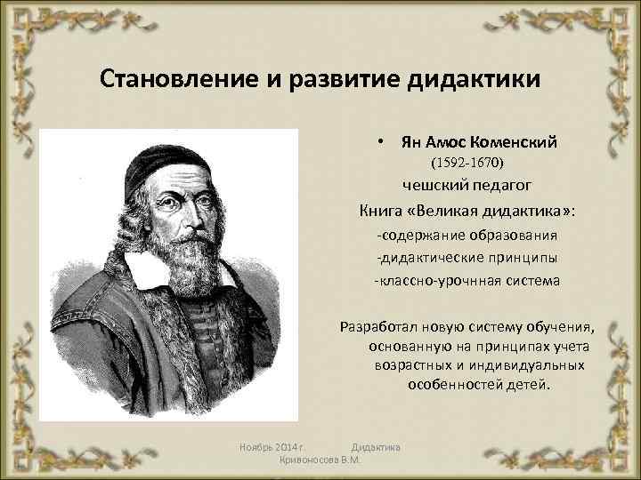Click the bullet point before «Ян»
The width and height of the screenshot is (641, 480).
[x=380, y=141]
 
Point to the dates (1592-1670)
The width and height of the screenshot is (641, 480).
[x=467, y=164]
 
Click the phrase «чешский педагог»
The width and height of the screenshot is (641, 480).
[x=467, y=185]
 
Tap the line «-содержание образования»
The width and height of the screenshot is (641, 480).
[x=467, y=236]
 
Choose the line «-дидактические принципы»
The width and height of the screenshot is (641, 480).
[x=467, y=258]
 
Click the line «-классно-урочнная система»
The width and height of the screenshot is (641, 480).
[x=467, y=281]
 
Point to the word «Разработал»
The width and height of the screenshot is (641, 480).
[x=375, y=325]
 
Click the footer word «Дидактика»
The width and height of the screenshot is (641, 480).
[x=376, y=445]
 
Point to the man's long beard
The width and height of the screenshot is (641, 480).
[x=183, y=267]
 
